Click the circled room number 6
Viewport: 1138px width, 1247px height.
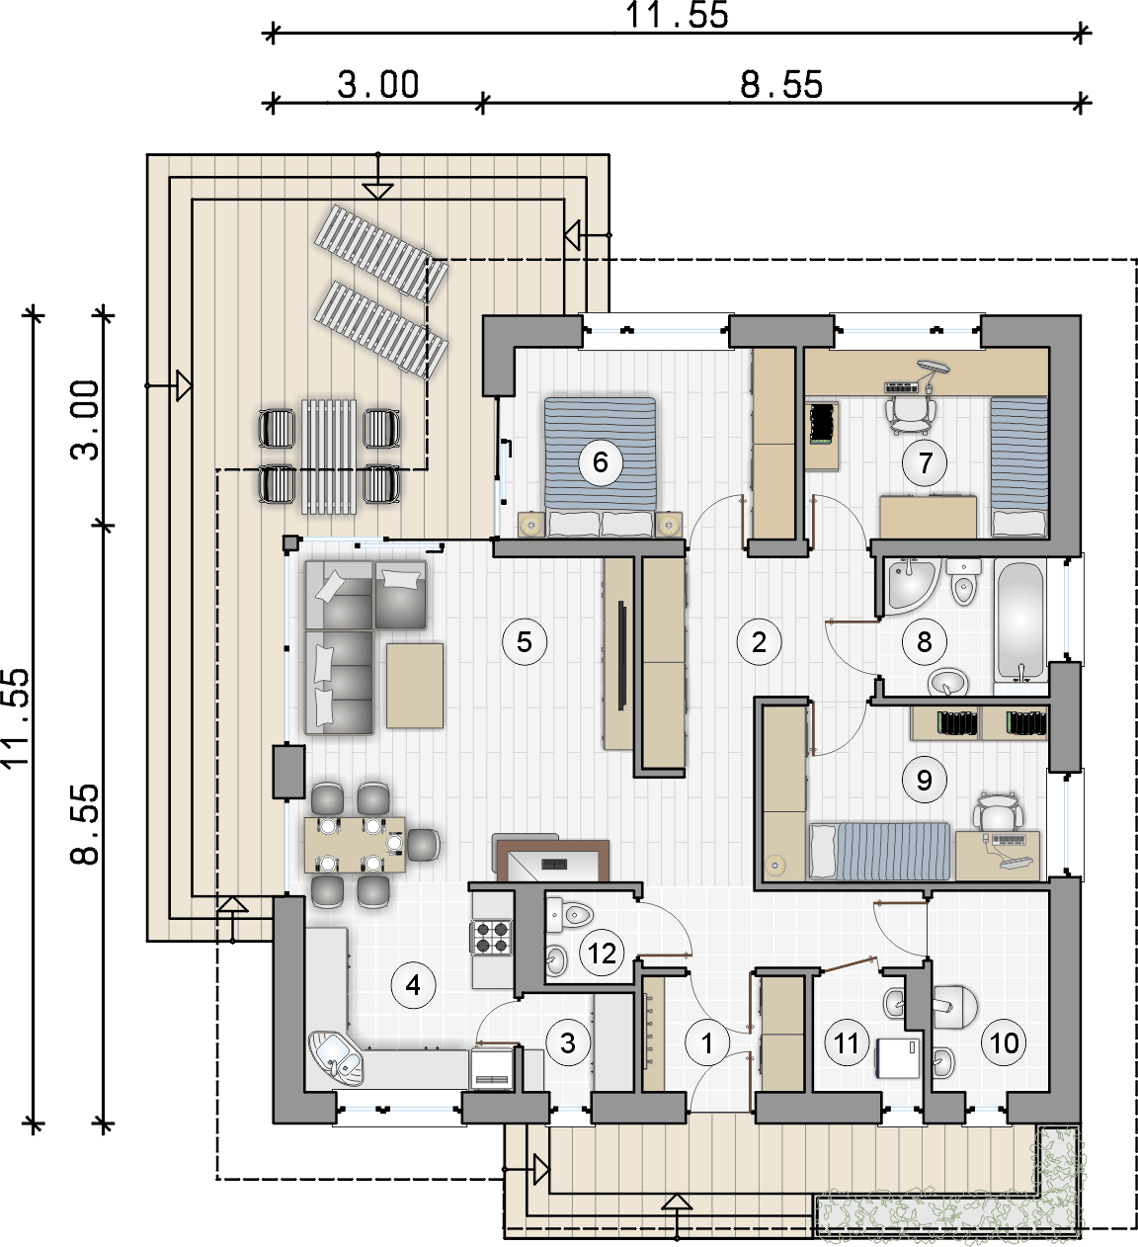point(600,461)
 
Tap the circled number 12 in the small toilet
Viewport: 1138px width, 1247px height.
point(601,953)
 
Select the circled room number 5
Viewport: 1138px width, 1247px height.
point(524,642)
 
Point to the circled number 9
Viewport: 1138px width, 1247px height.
point(924,780)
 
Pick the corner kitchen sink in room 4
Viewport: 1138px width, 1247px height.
point(335,1057)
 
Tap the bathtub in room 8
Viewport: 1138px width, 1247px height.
point(1019,620)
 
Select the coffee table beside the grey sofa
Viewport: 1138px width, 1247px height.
point(415,686)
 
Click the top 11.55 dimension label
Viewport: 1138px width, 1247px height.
point(677,15)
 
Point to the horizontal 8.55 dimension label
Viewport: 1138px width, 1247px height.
point(781,85)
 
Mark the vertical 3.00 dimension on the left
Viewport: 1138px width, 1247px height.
point(85,420)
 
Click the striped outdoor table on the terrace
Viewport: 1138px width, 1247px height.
point(329,457)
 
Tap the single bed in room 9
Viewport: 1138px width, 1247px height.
point(879,851)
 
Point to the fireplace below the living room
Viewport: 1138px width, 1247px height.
point(551,860)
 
